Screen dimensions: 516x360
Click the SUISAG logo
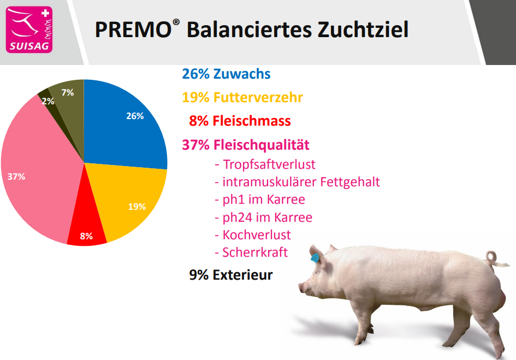click(x=29, y=29)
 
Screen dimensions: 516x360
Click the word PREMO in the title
click(x=133, y=29)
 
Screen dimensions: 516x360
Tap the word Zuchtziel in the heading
click(x=363, y=29)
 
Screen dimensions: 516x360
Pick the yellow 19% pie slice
click(x=132, y=198)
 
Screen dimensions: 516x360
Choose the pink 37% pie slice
click(x=36, y=172)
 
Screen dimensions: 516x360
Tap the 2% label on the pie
click(x=48, y=101)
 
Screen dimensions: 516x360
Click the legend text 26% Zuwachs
click(x=226, y=74)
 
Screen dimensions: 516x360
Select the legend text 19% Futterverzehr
click(x=242, y=97)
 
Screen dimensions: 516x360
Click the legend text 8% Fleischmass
click(x=240, y=121)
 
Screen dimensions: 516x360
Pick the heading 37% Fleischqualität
click(x=246, y=145)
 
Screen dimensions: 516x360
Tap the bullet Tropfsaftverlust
click(x=265, y=164)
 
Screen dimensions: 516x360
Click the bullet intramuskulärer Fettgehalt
click(x=297, y=182)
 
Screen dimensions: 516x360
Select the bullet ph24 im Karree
click(x=263, y=217)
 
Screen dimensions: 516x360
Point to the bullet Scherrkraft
click(x=251, y=252)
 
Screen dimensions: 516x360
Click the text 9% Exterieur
click(x=230, y=275)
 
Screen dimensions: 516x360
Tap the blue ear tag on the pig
click(x=315, y=257)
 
